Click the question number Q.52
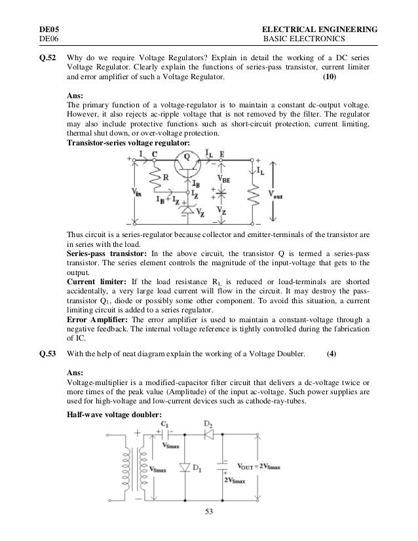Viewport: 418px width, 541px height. (47, 56)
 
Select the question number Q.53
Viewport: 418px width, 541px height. (47, 354)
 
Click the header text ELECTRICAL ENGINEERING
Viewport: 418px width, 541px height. (319, 29)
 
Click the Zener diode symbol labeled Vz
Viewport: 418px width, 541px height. (188, 211)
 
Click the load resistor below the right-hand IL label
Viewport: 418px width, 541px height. (252, 194)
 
